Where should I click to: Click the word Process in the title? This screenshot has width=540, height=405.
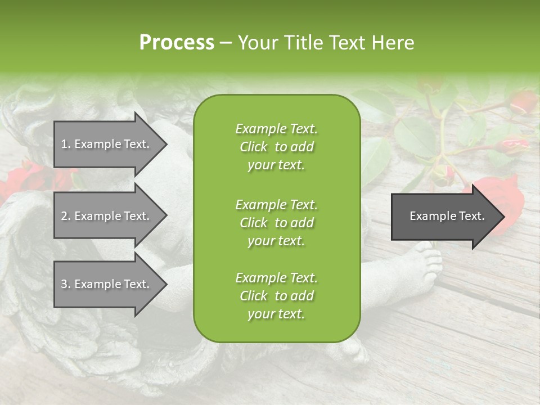click(x=177, y=42)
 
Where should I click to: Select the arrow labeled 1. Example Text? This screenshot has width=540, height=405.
click(x=107, y=144)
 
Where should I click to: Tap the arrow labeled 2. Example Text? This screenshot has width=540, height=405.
click(x=107, y=216)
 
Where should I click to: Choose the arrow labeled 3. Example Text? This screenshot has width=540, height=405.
click(x=107, y=284)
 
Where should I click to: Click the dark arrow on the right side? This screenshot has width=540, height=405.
click(x=444, y=217)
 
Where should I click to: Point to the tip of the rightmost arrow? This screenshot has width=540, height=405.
click(x=504, y=217)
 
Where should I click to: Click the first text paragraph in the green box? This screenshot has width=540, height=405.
click(x=276, y=147)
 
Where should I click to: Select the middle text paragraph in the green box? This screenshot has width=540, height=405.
click(x=276, y=223)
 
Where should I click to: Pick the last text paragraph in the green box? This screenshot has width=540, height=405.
click(x=276, y=296)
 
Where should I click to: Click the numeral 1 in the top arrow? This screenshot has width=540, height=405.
click(x=64, y=144)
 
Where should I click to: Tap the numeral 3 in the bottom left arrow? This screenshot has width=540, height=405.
click(x=64, y=284)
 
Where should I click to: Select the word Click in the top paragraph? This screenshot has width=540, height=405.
click(x=253, y=147)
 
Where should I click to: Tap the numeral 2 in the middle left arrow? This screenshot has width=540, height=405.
click(x=64, y=216)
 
